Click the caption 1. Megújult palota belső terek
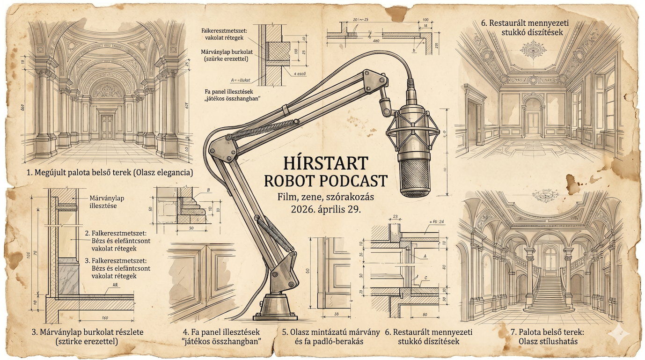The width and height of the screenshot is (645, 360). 110,173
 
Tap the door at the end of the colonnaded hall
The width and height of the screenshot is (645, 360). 107,127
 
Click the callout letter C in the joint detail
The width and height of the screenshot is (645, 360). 425,278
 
